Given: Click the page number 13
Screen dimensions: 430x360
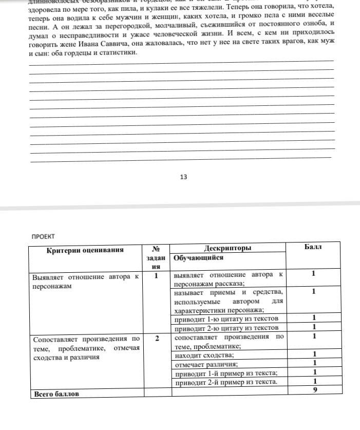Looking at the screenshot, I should coord(183,177).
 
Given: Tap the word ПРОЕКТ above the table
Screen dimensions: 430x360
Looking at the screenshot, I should coord(43,236).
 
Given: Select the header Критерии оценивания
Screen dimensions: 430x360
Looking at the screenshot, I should coord(85,250).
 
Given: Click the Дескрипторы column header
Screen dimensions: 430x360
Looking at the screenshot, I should coord(228,248).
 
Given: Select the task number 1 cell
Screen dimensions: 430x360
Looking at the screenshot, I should coord(157,275).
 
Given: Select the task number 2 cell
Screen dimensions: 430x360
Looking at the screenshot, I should coord(157,339).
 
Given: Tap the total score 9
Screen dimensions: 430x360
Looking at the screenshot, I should coord(314,390).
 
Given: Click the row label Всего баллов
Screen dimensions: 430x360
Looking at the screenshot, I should coord(56,394).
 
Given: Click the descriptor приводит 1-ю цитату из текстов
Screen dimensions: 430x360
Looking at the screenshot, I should coord(226,320).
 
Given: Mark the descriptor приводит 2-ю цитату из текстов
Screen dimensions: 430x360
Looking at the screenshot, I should coord(226,328).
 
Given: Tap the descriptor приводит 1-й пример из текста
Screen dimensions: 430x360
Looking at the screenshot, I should coord(226,372).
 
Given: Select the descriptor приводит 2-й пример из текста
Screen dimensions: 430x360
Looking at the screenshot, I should coord(226,382).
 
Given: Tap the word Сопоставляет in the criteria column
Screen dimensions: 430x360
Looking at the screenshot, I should coord(55,339).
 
